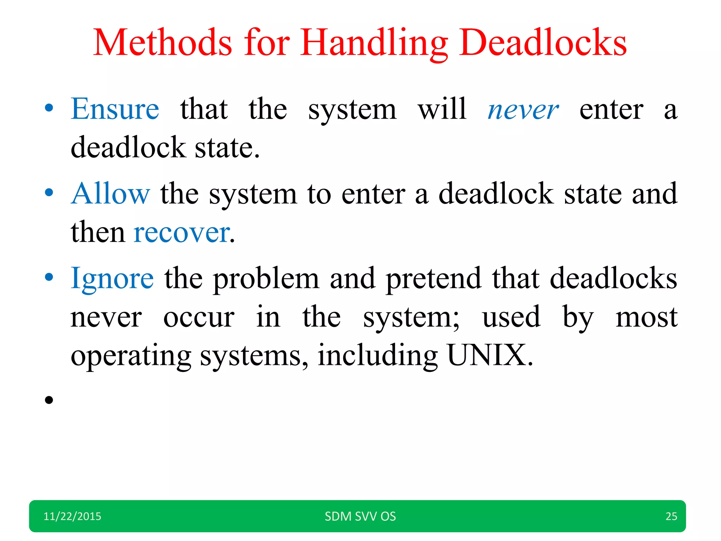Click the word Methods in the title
coord(162,43)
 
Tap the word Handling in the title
coord(374,43)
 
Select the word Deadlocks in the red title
coord(543,43)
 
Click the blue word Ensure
coord(115,109)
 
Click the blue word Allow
coord(110,194)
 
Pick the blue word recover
coord(182,232)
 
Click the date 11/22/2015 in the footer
coord(72,516)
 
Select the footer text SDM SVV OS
coord(360,516)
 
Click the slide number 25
coord(671,516)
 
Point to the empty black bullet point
coord(49,400)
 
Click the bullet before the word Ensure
coord(49,108)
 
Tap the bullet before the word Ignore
coord(49,277)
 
